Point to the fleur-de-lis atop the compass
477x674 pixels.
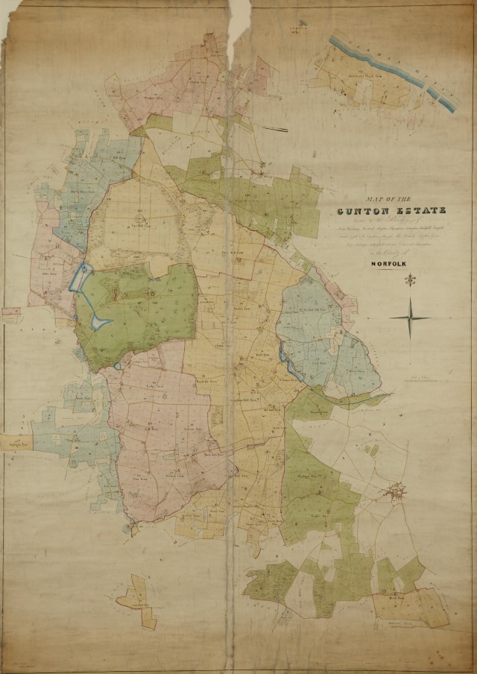pos(410,281)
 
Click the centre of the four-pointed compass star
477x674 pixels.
pos(410,318)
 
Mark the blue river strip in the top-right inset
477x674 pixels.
pos(395,72)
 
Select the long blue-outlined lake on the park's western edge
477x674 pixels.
pos(78,278)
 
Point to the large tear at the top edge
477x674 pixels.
pos(238,30)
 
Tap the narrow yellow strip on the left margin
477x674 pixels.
pos(16,443)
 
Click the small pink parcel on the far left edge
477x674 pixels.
pos(11,314)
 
